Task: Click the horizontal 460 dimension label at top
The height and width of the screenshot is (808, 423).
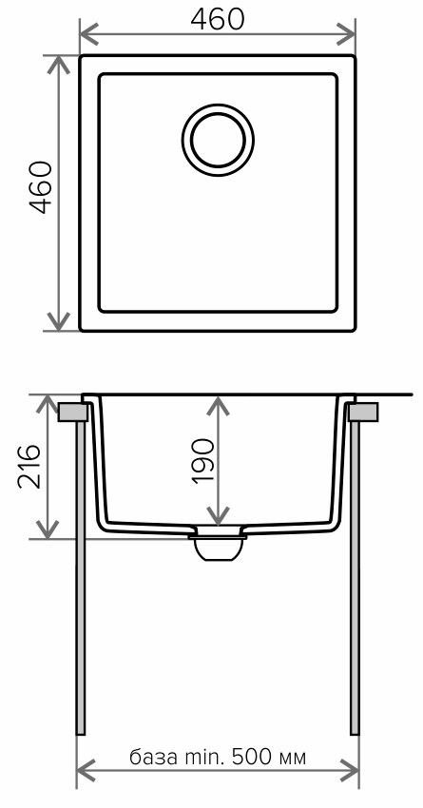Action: coord(218,20)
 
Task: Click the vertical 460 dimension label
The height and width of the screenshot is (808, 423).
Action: coord(41,187)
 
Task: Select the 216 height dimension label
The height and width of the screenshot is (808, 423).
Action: coord(29,466)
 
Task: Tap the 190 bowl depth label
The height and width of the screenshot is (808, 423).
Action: coord(202,461)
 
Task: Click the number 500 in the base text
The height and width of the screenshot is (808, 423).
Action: coord(253,757)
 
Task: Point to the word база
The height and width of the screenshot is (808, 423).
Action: coord(152,757)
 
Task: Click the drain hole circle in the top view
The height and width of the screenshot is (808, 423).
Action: coord(218,140)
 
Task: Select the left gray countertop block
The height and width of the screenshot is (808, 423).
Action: coord(72,413)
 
